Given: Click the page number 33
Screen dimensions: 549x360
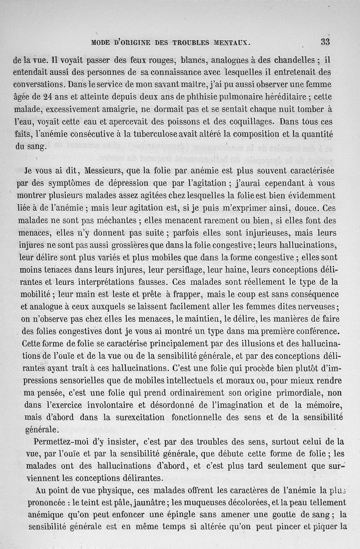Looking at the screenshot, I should [x=325, y=42].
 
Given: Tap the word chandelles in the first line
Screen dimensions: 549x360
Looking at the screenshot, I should [x=294, y=59].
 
